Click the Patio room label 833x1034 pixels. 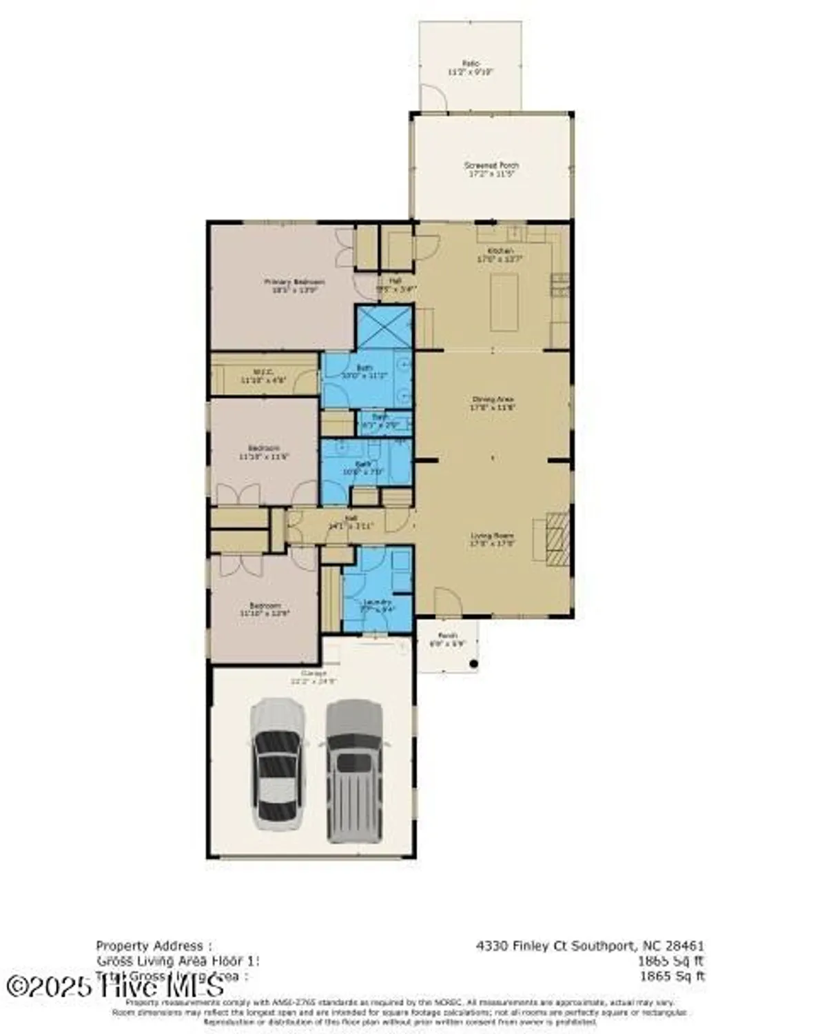tap(471, 67)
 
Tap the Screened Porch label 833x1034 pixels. tap(491, 170)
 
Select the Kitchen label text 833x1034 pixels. tap(500, 255)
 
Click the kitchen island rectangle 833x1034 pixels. tap(504, 303)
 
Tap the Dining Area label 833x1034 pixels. tap(493, 403)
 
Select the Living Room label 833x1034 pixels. tap(492, 539)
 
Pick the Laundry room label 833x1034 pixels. tap(377, 605)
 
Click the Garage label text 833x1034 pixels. tap(313, 677)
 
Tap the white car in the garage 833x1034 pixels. tap(278, 764)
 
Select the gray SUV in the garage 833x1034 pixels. tap(354, 770)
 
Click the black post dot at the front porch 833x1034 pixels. tap(474, 664)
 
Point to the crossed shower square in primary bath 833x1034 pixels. tap(384, 328)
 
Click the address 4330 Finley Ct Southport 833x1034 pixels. tap(590, 946)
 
